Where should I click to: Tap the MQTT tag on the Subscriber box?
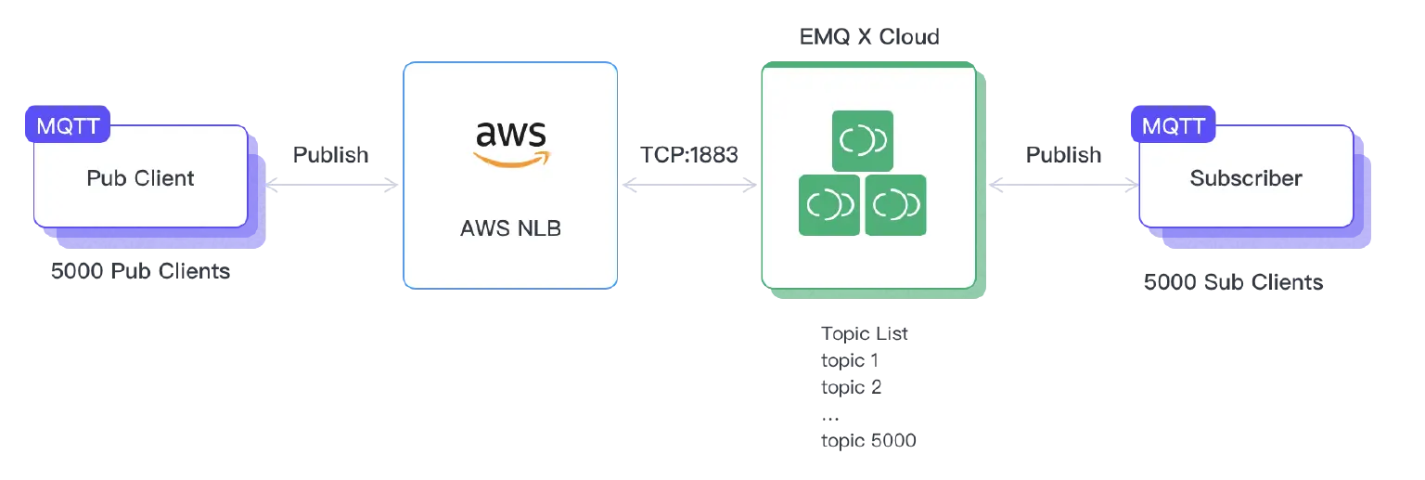[x=1173, y=125]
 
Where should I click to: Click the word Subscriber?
[x=1246, y=178]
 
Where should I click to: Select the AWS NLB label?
[x=510, y=228]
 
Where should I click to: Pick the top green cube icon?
[x=862, y=141]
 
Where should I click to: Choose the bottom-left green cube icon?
[x=829, y=205]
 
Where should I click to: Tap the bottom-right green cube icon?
[x=895, y=205]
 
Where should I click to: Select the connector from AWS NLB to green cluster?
[x=691, y=185]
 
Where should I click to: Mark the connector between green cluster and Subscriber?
[x=1062, y=185]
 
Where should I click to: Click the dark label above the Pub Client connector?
[x=330, y=154]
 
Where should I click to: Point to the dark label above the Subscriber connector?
[x=1064, y=154]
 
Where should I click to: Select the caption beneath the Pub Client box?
[x=137, y=274]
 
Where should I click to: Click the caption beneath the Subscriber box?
[x=1234, y=279]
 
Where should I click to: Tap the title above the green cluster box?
[x=867, y=36]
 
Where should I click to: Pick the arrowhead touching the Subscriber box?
[x=1130, y=185]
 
